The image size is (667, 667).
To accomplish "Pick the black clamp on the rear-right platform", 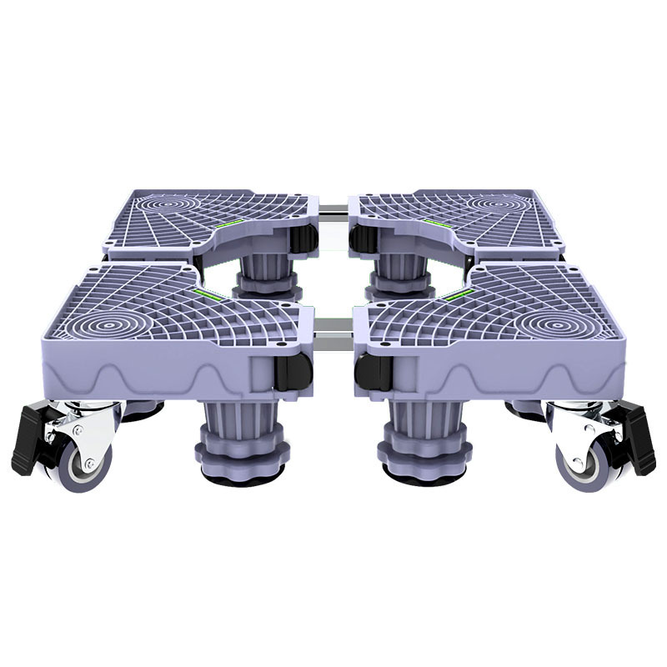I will coord(360,238).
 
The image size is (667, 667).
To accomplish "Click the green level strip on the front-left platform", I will coord(212,294).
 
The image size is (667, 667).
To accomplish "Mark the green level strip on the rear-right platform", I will coord(433,222).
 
